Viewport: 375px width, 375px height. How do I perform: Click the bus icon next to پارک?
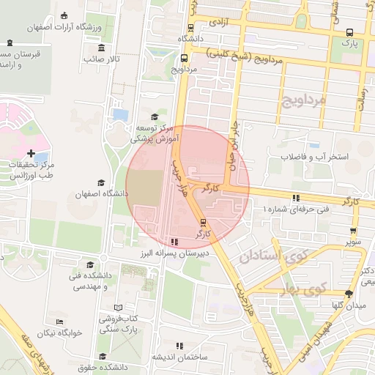350,33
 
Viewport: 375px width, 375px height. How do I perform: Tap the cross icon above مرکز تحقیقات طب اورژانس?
31,153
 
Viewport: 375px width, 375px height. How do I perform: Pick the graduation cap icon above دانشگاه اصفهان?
101,183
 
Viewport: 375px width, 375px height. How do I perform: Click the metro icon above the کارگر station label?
203,223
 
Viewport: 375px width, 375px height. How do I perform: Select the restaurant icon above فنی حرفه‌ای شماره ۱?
296,198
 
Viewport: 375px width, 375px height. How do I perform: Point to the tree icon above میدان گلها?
348,294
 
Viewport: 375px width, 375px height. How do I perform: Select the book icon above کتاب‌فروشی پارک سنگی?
118,306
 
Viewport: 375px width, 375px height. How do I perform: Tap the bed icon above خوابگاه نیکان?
60,322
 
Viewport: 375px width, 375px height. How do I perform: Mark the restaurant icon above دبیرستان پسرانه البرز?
174,241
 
